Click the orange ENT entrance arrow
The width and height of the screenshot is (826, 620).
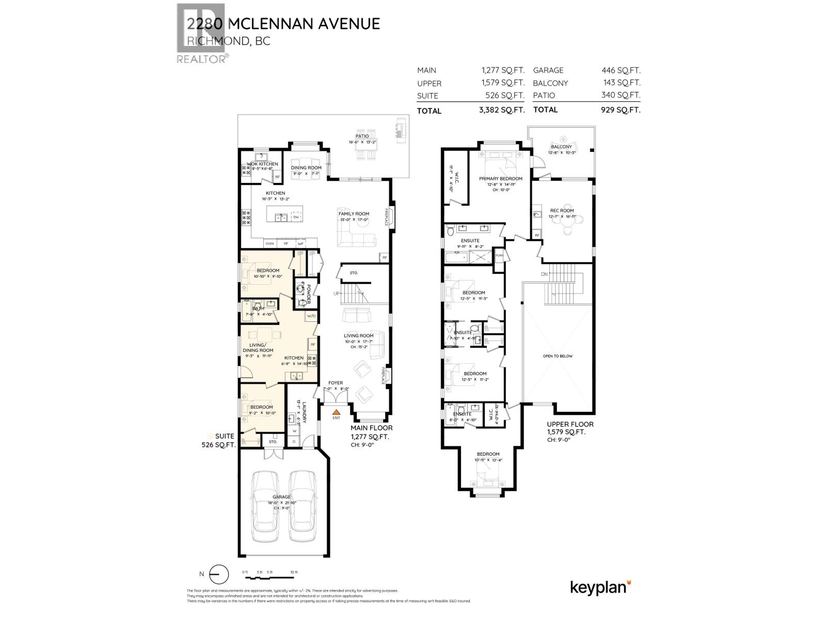click(x=336, y=411)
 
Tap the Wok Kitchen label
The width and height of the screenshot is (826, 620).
click(x=262, y=164)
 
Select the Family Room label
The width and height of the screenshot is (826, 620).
click(x=354, y=213)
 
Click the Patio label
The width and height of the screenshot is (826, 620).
click(x=362, y=136)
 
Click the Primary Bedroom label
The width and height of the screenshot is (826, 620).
click(x=500, y=179)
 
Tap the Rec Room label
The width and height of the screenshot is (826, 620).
click(x=562, y=210)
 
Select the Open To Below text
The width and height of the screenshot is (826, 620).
click(x=558, y=356)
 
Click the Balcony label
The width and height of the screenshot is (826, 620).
click(x=562, y=147)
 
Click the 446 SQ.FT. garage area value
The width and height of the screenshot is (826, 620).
click(x=621, y=70)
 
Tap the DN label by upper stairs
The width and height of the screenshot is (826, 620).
click(x=544, y=274)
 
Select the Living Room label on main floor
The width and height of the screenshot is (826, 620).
click(x=358, y=336)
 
